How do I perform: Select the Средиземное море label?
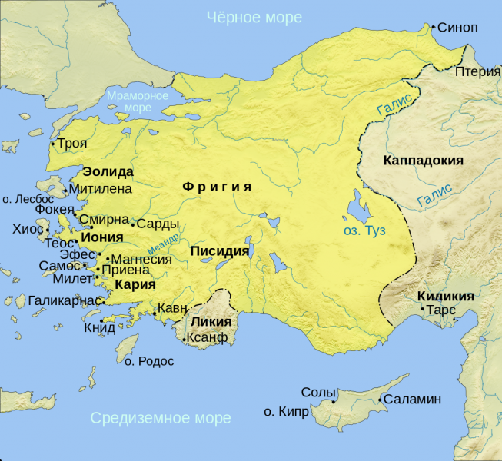coord(160,418)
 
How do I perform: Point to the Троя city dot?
coord(52,144)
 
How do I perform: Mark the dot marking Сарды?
coord(133,225)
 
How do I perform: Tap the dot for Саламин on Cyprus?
coord(381,400)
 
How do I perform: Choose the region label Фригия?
coord(218,187)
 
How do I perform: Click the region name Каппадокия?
coord(422,161)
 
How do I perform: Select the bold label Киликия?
coord(445,296)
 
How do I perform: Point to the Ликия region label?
coord(210,321)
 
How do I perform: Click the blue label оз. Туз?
coord(364,230)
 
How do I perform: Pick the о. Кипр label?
coord(286,412)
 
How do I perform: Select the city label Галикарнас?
coord(65,300)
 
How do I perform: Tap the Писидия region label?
coord(219,251)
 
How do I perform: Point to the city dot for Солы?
coord(334,400)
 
